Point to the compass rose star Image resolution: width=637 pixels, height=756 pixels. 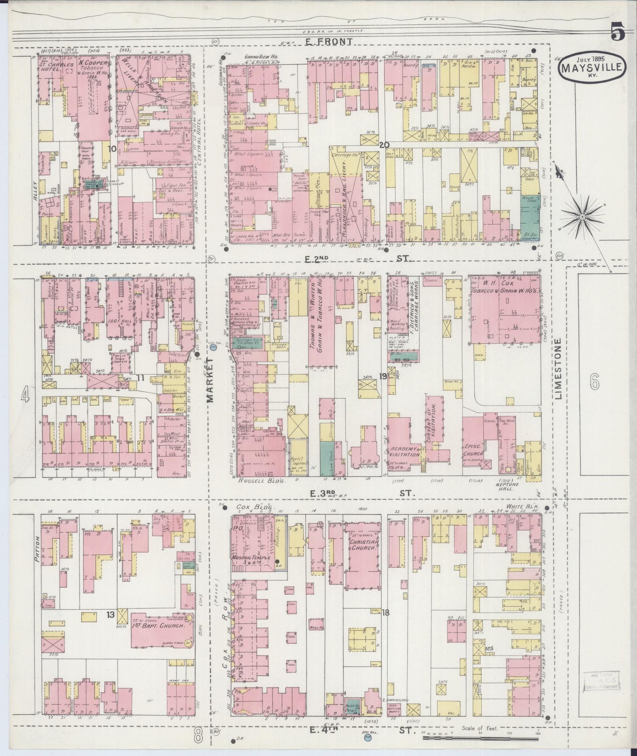[x=583, y=217]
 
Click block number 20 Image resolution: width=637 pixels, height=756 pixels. [x=384, y=144]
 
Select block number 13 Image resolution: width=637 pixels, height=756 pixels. [x=110, y=614]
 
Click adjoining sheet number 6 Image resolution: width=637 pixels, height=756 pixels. [x=595, y=383]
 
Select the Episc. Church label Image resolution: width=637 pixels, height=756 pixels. [x=474, y=449]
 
